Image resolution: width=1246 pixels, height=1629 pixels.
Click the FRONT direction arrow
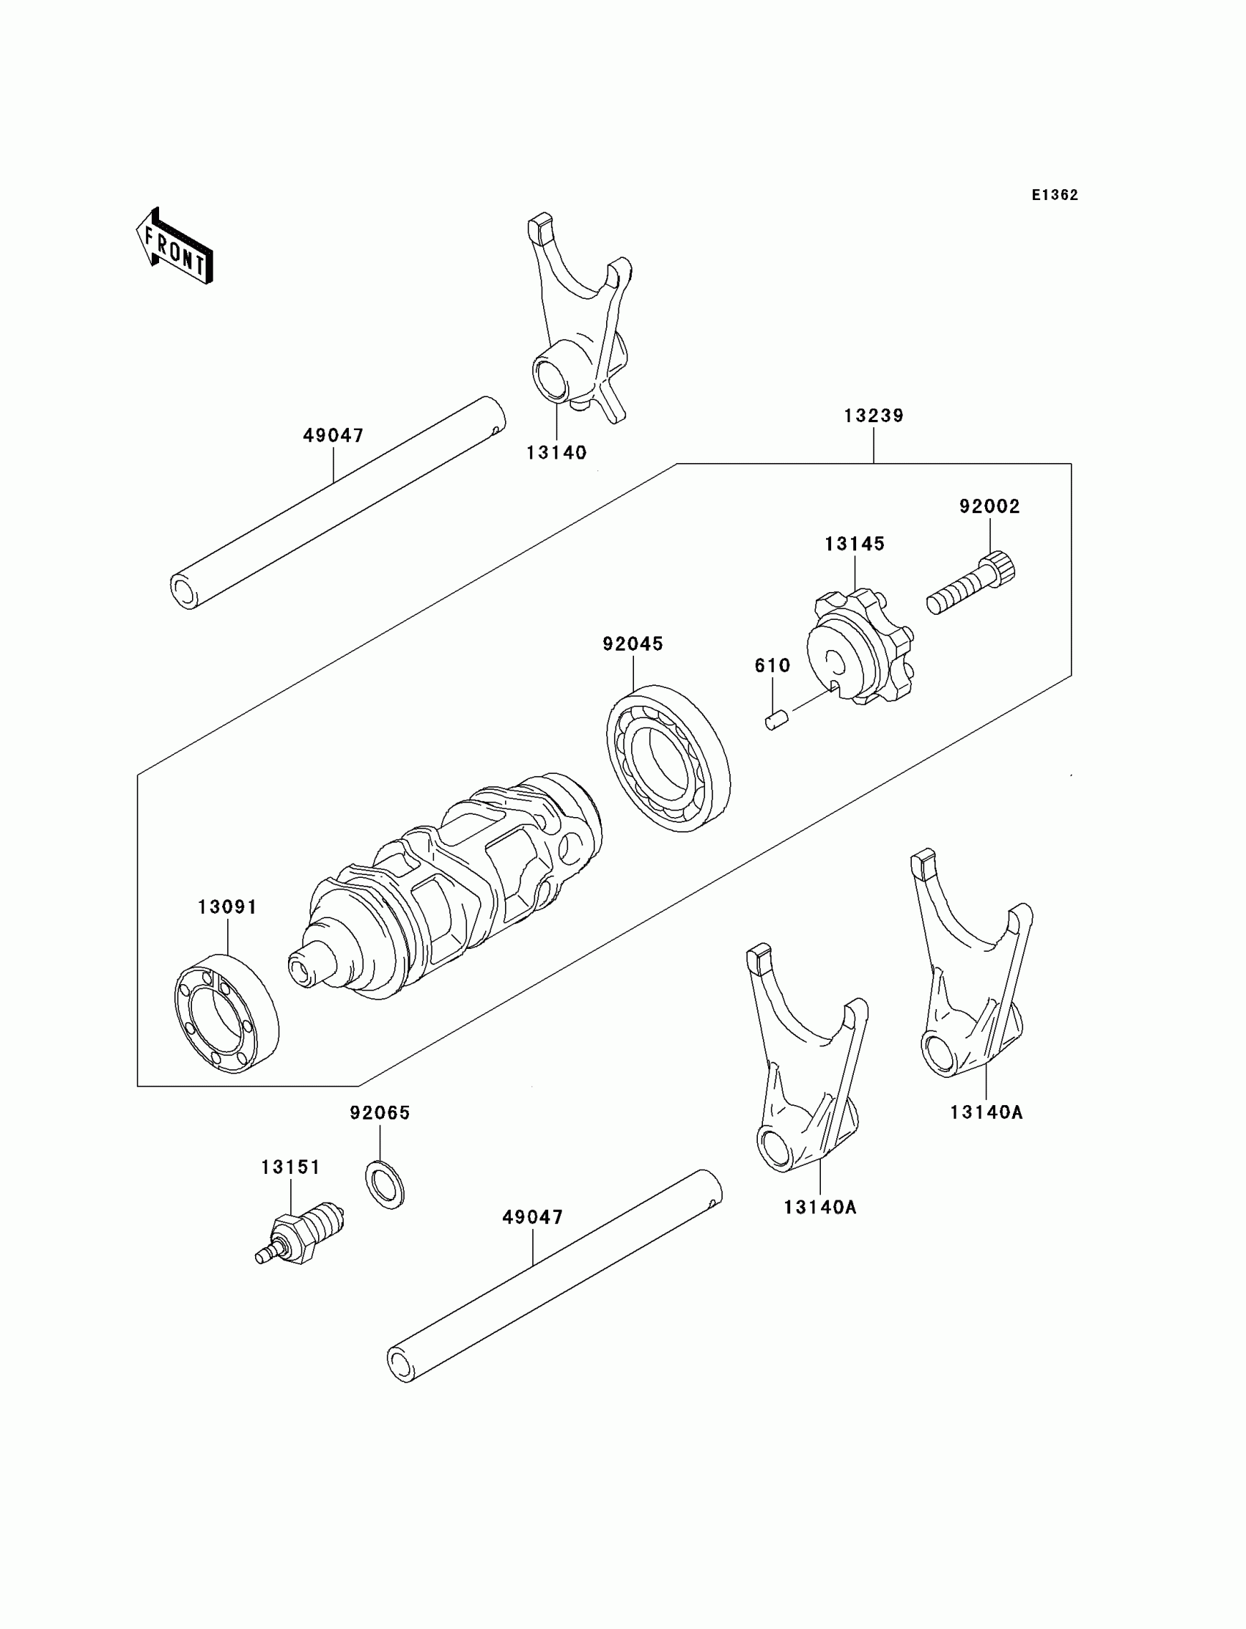point(175,248)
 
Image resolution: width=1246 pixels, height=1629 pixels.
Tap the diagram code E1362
point(1055,195)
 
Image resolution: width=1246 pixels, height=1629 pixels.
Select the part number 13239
point(874,416)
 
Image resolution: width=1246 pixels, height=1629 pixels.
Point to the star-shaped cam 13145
point(860,647)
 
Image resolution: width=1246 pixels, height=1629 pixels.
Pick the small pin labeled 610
point(775,719)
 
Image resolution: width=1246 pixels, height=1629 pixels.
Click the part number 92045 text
point(633,643)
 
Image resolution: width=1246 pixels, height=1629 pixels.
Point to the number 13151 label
point(291,1167)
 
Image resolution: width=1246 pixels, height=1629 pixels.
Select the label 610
point(772,666)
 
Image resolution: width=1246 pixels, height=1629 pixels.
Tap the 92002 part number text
point(989,506)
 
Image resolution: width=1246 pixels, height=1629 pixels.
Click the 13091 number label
point(227,906)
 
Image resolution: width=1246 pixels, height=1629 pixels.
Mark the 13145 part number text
point(855,544)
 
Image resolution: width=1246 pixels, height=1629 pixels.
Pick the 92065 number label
point(380,1112)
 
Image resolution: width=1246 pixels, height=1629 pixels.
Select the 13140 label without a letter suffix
point(556,452)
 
